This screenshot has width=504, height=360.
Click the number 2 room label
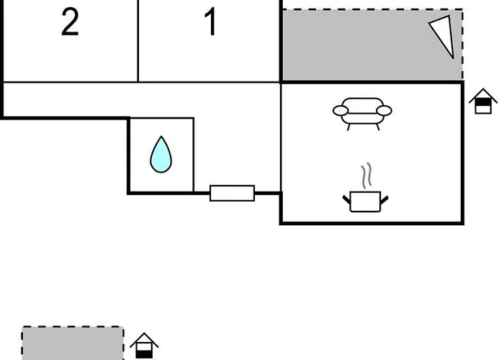70,22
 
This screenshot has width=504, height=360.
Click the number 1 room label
210,22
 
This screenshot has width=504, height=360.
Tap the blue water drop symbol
161,155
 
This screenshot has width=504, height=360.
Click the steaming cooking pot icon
365,201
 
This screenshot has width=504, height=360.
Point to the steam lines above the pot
366,176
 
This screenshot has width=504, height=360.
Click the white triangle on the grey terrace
444,35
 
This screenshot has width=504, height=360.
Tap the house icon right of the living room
483,101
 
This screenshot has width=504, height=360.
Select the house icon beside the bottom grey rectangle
144,346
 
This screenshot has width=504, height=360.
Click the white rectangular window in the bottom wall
232,193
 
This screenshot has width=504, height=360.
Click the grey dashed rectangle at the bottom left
73,343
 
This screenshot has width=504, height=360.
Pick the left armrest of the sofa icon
341,111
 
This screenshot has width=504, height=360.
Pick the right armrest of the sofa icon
384,111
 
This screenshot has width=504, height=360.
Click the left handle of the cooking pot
346,199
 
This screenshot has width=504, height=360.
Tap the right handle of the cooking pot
384,199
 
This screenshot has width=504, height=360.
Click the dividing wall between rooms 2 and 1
138,41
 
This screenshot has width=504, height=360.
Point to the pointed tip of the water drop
161,136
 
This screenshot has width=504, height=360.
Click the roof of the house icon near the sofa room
483,95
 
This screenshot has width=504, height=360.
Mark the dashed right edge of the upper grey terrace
462,45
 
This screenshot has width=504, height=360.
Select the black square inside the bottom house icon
144,354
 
